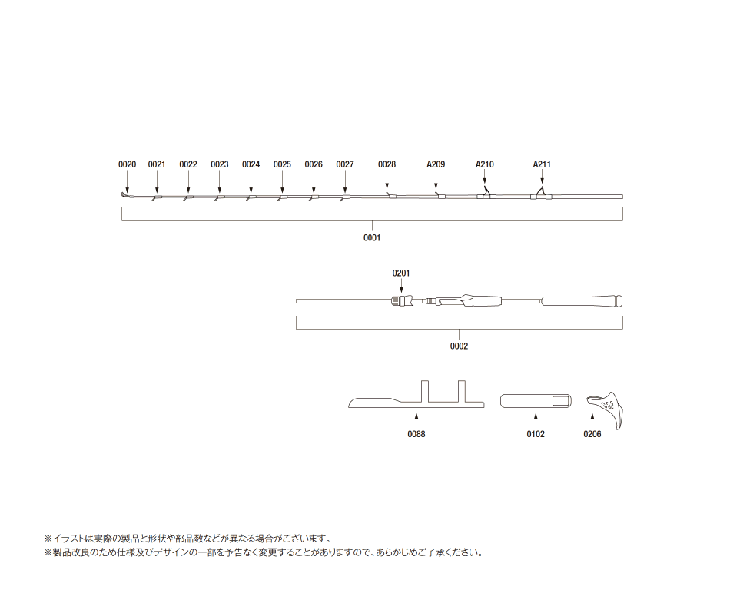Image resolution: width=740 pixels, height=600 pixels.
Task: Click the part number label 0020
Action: (127, 164)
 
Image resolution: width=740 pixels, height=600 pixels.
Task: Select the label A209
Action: (436, 164)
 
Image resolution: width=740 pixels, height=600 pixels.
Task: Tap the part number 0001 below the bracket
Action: (372, 237)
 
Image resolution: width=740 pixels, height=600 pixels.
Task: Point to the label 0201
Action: (401, 273)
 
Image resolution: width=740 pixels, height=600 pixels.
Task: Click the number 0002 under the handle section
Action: (459, 346)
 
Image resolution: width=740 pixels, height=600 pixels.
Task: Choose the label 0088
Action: (416, 434)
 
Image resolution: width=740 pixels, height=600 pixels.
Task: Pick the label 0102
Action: (536, 434)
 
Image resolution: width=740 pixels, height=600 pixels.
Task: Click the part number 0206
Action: (592, 434)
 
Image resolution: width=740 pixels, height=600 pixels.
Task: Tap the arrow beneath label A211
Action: (542, 177)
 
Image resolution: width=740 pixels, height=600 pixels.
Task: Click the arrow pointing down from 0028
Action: (387, 180)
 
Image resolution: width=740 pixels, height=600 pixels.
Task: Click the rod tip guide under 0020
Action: (124, 195)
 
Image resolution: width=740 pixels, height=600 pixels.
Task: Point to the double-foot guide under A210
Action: (486, 194)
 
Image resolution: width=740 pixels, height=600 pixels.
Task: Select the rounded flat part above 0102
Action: (536, 401)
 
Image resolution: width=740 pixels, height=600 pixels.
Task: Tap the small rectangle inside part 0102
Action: (561, 401)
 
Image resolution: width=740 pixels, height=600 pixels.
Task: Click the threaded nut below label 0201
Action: (400, 300)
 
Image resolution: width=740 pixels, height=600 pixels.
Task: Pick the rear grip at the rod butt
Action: (582, 300)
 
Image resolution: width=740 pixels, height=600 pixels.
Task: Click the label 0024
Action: (251, 164)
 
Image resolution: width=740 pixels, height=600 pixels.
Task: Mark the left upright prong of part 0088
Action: (425, 391)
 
